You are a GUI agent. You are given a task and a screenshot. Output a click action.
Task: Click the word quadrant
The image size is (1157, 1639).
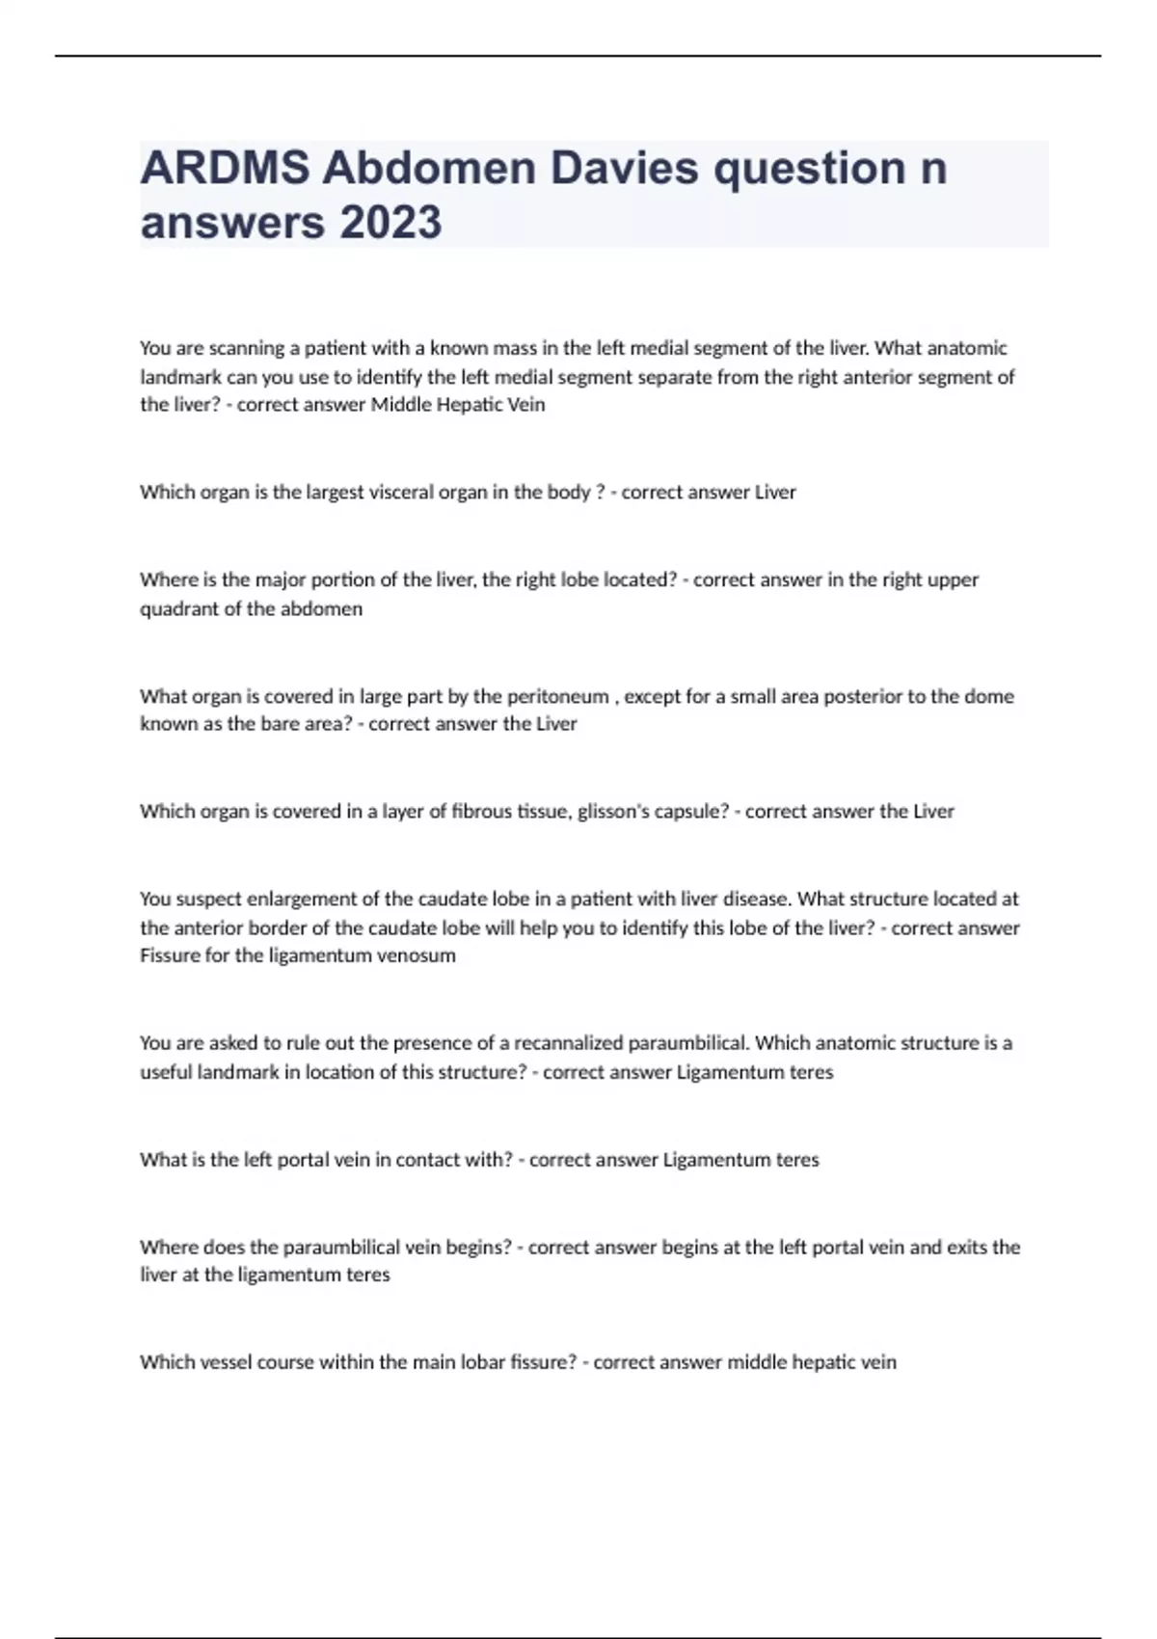click(x=179, y=609)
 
